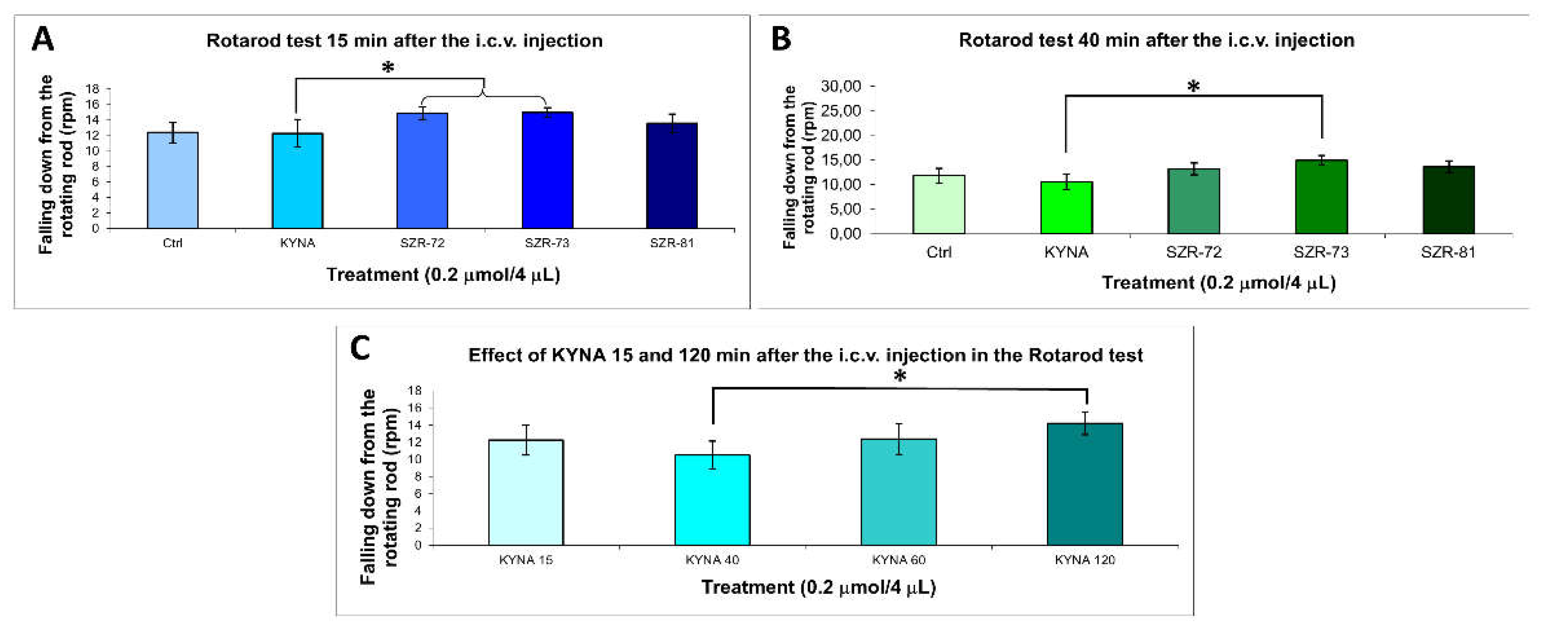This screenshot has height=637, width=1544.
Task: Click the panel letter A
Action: [x=43, y=39]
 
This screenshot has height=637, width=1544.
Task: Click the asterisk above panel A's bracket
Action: [x=388, y=68]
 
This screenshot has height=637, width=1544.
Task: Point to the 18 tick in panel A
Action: [x=92, y=89]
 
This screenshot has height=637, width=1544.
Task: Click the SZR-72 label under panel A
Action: [x=422, y=243]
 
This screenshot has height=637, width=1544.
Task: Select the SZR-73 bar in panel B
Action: [x=1321, y=197]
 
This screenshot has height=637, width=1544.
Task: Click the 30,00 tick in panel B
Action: [x=841, y=86]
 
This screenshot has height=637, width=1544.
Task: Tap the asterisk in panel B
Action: [x=1193, y=87]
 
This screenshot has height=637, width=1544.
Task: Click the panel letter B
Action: [x=781, y=39]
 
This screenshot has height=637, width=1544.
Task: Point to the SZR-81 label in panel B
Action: [x=1448, y=252]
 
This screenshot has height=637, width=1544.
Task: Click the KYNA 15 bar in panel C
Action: [x=526, y=493]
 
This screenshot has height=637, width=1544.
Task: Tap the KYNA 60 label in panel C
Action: [x=898, y=560]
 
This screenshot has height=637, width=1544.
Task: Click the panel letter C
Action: [x=360, y=348]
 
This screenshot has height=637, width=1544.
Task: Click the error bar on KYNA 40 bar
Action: [x=712, y=455]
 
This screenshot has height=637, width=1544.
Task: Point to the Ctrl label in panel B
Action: [x=939, y=252]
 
